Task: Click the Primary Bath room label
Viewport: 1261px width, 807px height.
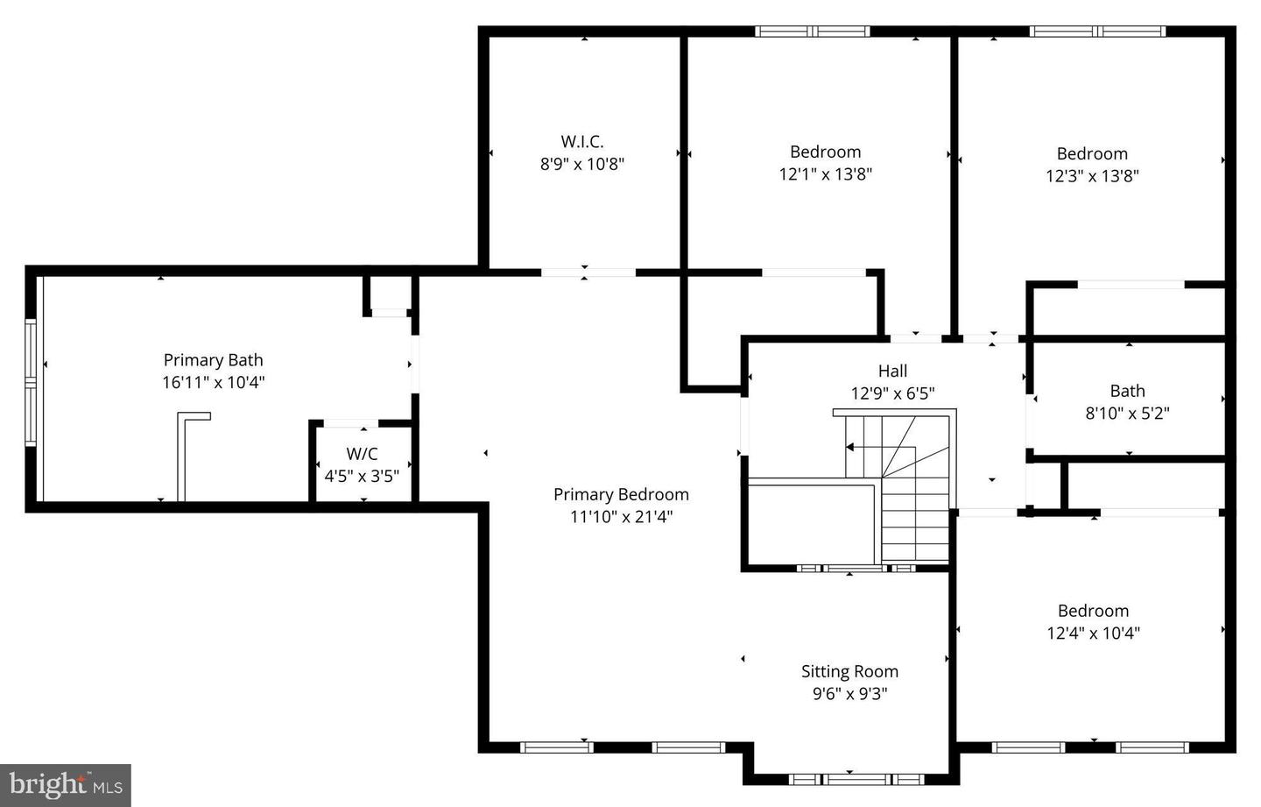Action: (x=213, y=360)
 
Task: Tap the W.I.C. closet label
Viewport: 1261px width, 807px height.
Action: (x=582, y=141)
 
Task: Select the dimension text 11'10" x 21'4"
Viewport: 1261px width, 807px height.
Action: (x=621, y=517)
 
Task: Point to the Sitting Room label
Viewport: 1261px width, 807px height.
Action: (x=849, y=671)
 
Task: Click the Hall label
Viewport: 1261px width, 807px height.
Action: (x=892, y=371)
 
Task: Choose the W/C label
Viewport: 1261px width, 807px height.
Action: (x=362, y=454)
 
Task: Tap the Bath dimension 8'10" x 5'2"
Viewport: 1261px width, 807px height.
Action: (x=1127, y=414)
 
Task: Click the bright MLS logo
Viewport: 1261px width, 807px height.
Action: (x=66, y=784)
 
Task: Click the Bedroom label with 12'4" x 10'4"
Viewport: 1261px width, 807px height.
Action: (x=1093, y=611)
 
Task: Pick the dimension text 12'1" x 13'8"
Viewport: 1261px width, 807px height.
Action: (x=825, y=174)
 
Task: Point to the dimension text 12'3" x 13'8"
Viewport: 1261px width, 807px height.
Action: (x=1092, y=176)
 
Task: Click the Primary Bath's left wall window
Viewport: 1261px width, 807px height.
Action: (x=32, y=383)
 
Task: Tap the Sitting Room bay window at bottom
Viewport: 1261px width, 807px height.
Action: (x=849, y=778)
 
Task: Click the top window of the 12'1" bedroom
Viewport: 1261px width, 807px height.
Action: (x=813, y=32)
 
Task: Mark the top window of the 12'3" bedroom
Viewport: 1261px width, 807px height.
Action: (x=1097, y=32)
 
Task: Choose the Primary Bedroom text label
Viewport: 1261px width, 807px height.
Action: (x=621, y=494)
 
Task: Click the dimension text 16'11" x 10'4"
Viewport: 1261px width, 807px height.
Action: (x=213, y=383)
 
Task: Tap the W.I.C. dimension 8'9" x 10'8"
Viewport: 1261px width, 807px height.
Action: (x=582, y=164)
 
